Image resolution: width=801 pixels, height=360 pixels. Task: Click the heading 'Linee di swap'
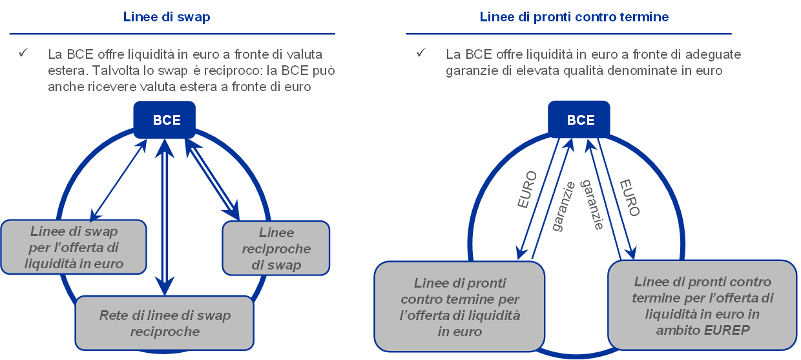pyautogui.click(x=167, y=17)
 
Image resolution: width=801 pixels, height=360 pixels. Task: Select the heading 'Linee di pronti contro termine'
pyautogui.click(x=574, y=17)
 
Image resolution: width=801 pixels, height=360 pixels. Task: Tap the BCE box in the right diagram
pyautogui.click(x=581, y=120)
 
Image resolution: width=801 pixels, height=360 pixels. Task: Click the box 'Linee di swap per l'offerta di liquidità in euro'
pyautogui.click(x=74, y=248)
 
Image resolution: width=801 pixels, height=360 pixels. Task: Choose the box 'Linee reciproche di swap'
pyautogui.click(x=276, y=249)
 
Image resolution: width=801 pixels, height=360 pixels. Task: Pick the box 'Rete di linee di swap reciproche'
pyautogui.click(x=165, y=323)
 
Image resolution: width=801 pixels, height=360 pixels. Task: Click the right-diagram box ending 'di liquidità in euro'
pyautogui.click(x=460, y=308)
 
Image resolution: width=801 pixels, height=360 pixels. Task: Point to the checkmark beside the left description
pyautogui.click(x=23, y=53)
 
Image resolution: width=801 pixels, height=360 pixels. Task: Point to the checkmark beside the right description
pyautogui.click(x=421, y=53)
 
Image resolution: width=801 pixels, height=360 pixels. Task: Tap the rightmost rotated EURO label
pyautogui.click(x=629, y=197)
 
